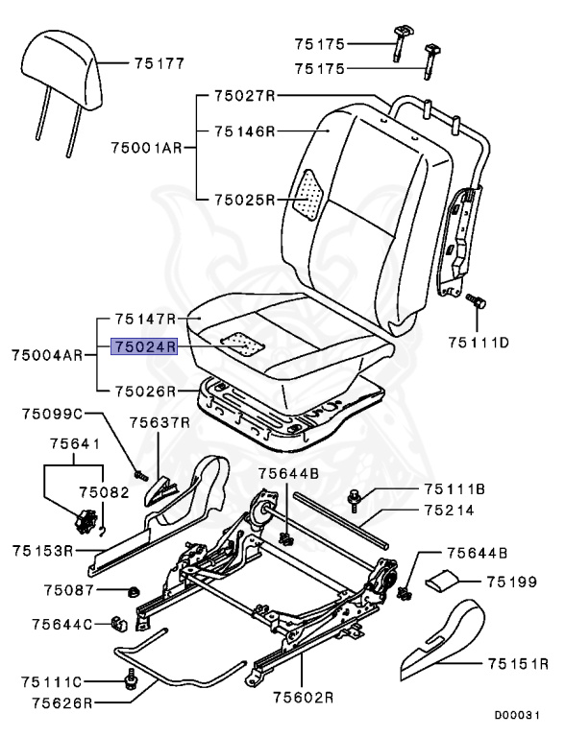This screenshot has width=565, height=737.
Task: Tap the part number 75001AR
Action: [145, 148]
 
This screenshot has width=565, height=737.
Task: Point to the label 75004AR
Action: [46, 355]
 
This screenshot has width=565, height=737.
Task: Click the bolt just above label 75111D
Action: [475, 301]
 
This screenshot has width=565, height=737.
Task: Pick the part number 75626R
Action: [45, 702]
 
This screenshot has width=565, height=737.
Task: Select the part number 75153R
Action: [44, 551]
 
